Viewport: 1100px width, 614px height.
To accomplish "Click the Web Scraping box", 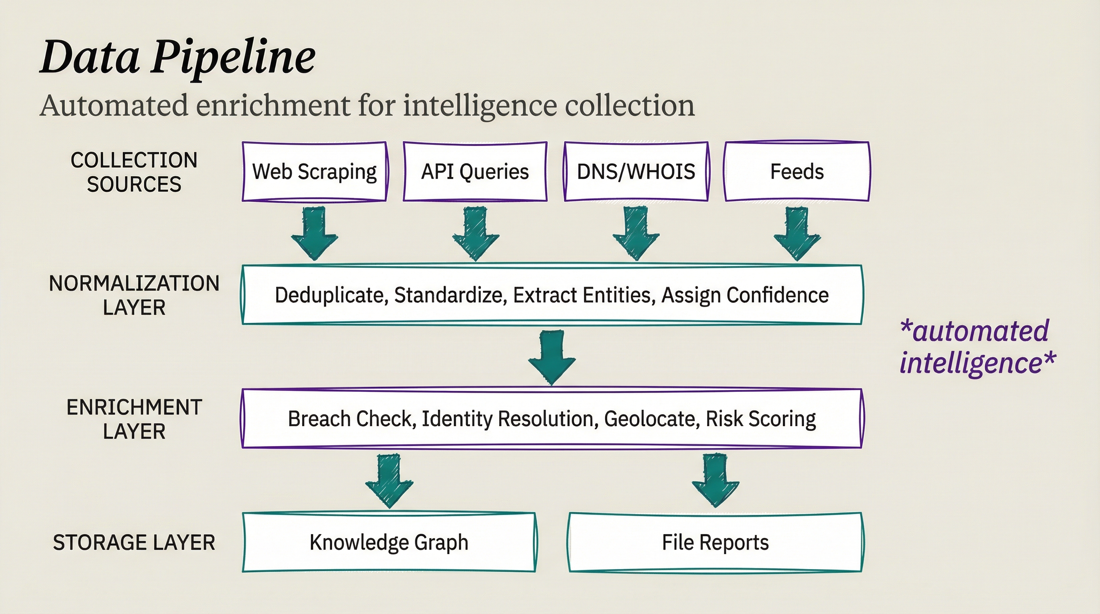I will [x=314, y=171].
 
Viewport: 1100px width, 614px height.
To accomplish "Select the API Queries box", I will [x=475, y=171].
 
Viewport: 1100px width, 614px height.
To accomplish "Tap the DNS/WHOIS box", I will [x=636, y=171].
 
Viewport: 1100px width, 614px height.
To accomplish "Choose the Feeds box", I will [x=797, y=171].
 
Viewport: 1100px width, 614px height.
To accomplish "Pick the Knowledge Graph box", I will [x=389, y=542].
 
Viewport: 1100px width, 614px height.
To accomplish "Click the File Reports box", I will [x=715, y=542].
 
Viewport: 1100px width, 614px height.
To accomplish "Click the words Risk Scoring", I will [x=761, y=419].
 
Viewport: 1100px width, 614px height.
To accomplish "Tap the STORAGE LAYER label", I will [x=134, y=543].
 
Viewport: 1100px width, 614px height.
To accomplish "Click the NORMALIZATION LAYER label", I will [x=134, y=295].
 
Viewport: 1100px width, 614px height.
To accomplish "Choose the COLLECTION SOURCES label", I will [x=134, y=172].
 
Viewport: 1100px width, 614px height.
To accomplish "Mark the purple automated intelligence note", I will [x=977, y=347].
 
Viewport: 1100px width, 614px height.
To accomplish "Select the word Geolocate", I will [x=652, y=419].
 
